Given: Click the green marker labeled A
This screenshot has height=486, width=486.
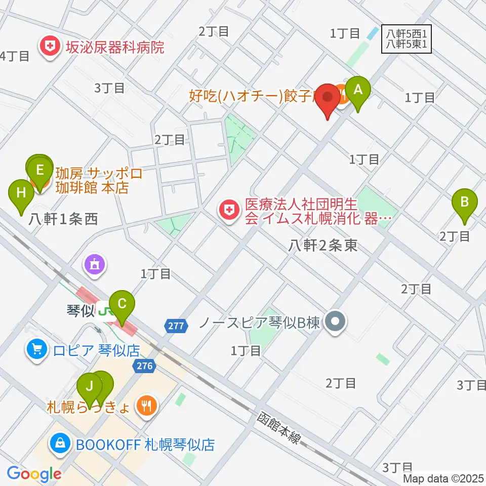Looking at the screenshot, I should point(358,91).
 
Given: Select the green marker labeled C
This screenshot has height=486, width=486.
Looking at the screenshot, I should point(122,305).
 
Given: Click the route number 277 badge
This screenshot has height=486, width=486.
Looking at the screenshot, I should point(176,326).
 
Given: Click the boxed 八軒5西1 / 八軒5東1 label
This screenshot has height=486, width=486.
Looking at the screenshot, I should point(408,38).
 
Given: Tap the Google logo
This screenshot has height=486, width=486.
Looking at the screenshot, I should point(34,473).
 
